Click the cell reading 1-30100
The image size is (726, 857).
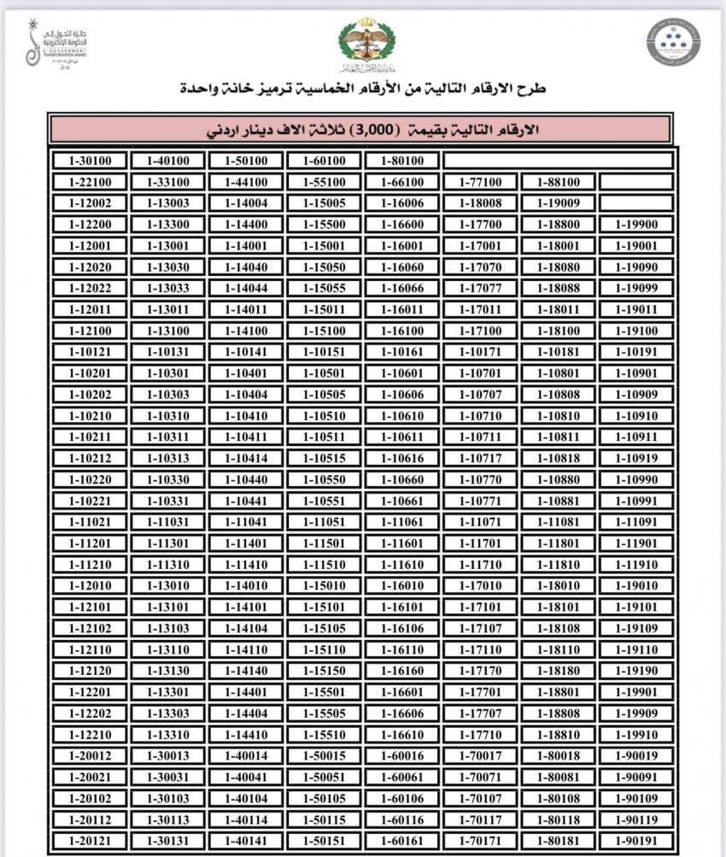click(x=89, y=161)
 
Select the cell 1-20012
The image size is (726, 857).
click(x=89, y=755)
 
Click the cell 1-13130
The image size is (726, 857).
click(x=167, y=671)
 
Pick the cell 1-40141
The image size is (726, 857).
click(x=245, y=840)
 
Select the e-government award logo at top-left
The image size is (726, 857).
click(x=56, y=45)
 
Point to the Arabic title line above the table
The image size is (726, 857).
click(x=362, y=89)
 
